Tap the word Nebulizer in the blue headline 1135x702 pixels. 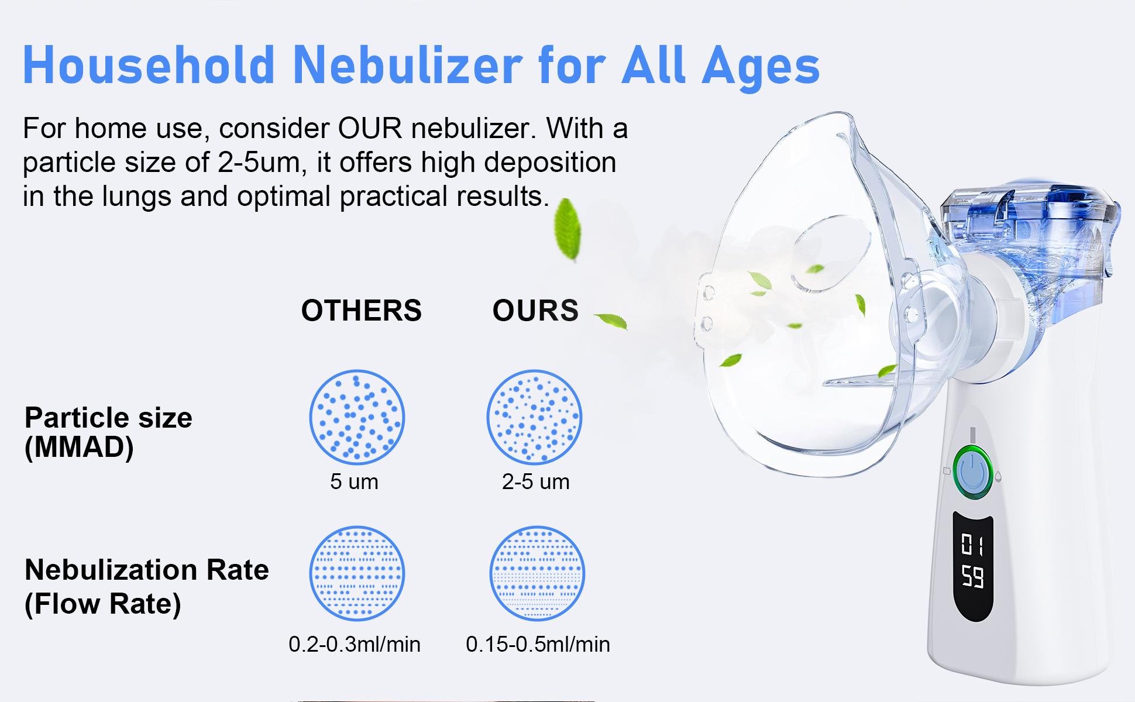pyautogui.click(x=406, y=66)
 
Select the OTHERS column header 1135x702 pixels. pyautogui.click(x=361, y=311)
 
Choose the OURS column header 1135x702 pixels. pyautogui.click(x=535, y=311)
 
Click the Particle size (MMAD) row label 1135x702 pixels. pyautogui.click(x=108, y=433)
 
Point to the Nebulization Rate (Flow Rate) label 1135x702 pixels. pyautogui.click(x=146, y=586)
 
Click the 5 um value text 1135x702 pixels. pyautogui.click(x=354, y=482)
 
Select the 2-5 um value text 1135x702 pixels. pyautogui.click(x=535, y=482)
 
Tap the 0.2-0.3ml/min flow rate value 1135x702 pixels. pyautogui.click(x=355, y=645)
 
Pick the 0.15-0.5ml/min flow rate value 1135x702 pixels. pyautogui.click(x=538, y=645)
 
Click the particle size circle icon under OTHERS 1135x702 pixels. pyautogui.click(x=357, y=417)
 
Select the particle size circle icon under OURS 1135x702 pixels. pyautogui.click(x=534, y=417)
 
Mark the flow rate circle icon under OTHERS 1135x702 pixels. pyautogui.click(x=357, y=573)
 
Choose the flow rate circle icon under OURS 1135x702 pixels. pyautogui.click(x=537, y=573)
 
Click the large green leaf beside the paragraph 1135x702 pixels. pyautogui.click(x=567, y=229)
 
